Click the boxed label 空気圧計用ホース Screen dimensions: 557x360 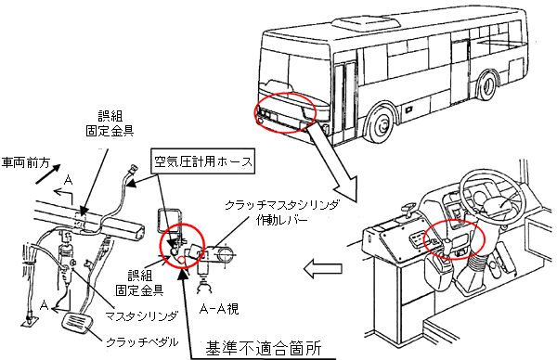point(202,161)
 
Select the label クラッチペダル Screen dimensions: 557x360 point(142,341)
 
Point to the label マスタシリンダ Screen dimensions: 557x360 point(142,315)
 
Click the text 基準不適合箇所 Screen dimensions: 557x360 point(264,348)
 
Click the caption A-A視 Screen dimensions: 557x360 point(219,309)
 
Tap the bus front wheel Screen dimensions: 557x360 point(382,124)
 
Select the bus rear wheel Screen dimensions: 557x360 point(487,86)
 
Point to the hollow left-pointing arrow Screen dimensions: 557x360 point(322,268)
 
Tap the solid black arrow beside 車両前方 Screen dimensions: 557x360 point(48,174)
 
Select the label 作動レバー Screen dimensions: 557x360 point(281,221)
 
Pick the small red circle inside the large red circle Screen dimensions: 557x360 point(182,261)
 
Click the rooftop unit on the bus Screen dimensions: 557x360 point(366,23)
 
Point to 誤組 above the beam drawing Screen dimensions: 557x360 point(110,117)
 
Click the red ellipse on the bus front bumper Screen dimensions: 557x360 point(285,112)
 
